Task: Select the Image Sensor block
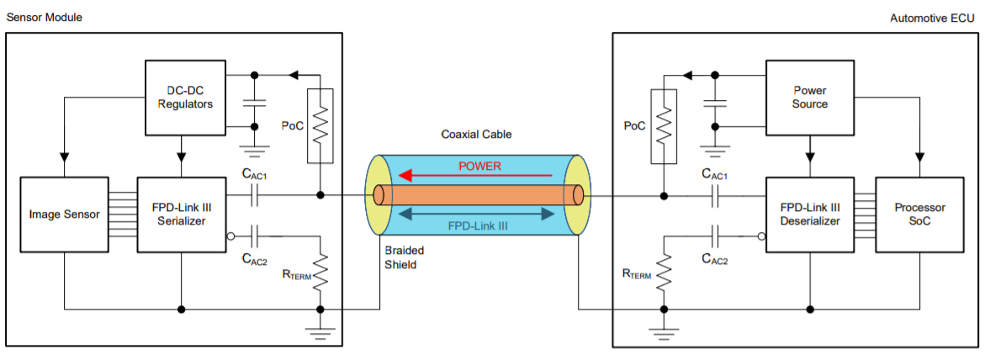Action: tap(63, 214)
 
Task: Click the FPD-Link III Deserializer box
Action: tap(810, 214)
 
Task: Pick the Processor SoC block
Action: tap(919, 214)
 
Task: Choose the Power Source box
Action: tap(809, 98)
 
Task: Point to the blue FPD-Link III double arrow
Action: tap(478, 214)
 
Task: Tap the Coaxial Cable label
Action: tap(476, 135)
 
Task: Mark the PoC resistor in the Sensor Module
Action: tap(320, 126)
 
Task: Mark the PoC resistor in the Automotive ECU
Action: tap(664, 126)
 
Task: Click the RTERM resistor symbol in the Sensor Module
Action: tap(320, 271)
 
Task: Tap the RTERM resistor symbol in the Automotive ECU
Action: tap(664, 271)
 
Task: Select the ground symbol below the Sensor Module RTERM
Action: tap(320, 331)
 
